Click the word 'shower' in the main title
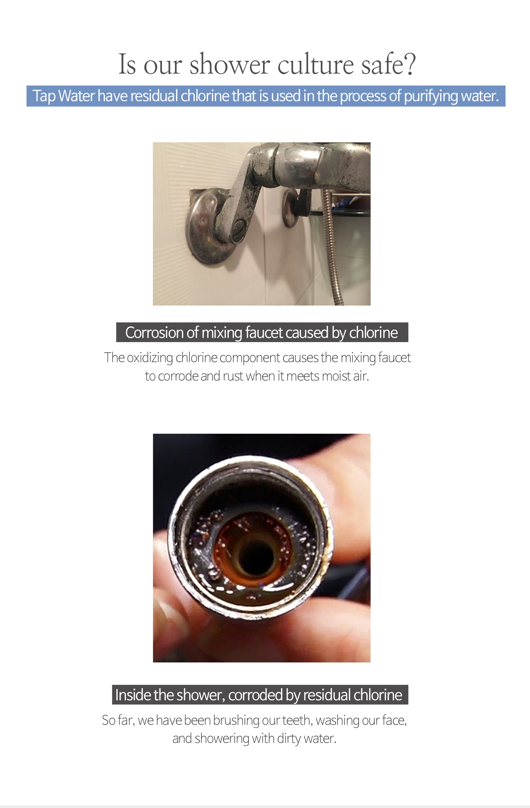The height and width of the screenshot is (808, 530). click(230, 64)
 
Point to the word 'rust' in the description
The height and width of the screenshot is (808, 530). click(233, 376)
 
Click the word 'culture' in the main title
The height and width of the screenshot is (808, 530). click(316, 64)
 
